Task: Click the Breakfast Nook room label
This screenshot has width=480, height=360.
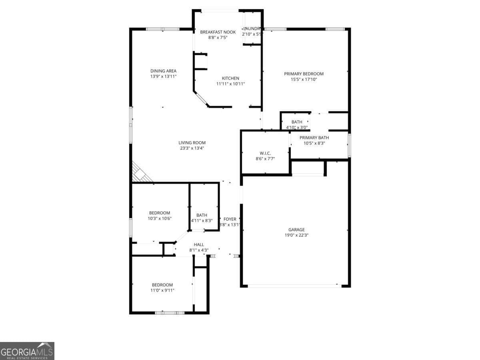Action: (x=218, y=32)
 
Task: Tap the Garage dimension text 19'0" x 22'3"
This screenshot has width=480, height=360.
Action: (x=296, y=235)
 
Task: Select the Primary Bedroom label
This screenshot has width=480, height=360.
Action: (x=304, y=74)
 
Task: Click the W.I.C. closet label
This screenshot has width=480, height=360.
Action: (x=265, y=153)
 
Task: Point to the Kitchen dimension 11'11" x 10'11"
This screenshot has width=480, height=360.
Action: (x=230, y=84)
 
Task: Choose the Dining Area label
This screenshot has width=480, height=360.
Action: (x=163, y=71)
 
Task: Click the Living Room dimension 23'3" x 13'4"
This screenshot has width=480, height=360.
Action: (x=192, y=148)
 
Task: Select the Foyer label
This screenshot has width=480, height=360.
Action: (x=230, y=219)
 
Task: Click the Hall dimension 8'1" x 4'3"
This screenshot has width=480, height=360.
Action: (x=199, y=250)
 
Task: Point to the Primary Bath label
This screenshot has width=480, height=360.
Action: (x=314, y=138)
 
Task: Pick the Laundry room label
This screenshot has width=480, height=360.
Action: (x=252, y=29)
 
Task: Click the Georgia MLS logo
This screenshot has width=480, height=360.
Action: (x=27, y=351)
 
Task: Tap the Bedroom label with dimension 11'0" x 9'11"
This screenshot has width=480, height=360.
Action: (x=162, y=285)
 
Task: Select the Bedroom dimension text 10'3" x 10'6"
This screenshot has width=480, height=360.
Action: (x=160, y=218)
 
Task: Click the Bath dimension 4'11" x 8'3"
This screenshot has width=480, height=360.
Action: (x=202, y=220)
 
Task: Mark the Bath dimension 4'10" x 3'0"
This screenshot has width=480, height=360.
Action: (x=297, y=128)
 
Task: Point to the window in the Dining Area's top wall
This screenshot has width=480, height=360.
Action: (x=162, y=29)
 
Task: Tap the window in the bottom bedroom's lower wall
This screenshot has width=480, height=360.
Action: (x=170, y=312)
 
